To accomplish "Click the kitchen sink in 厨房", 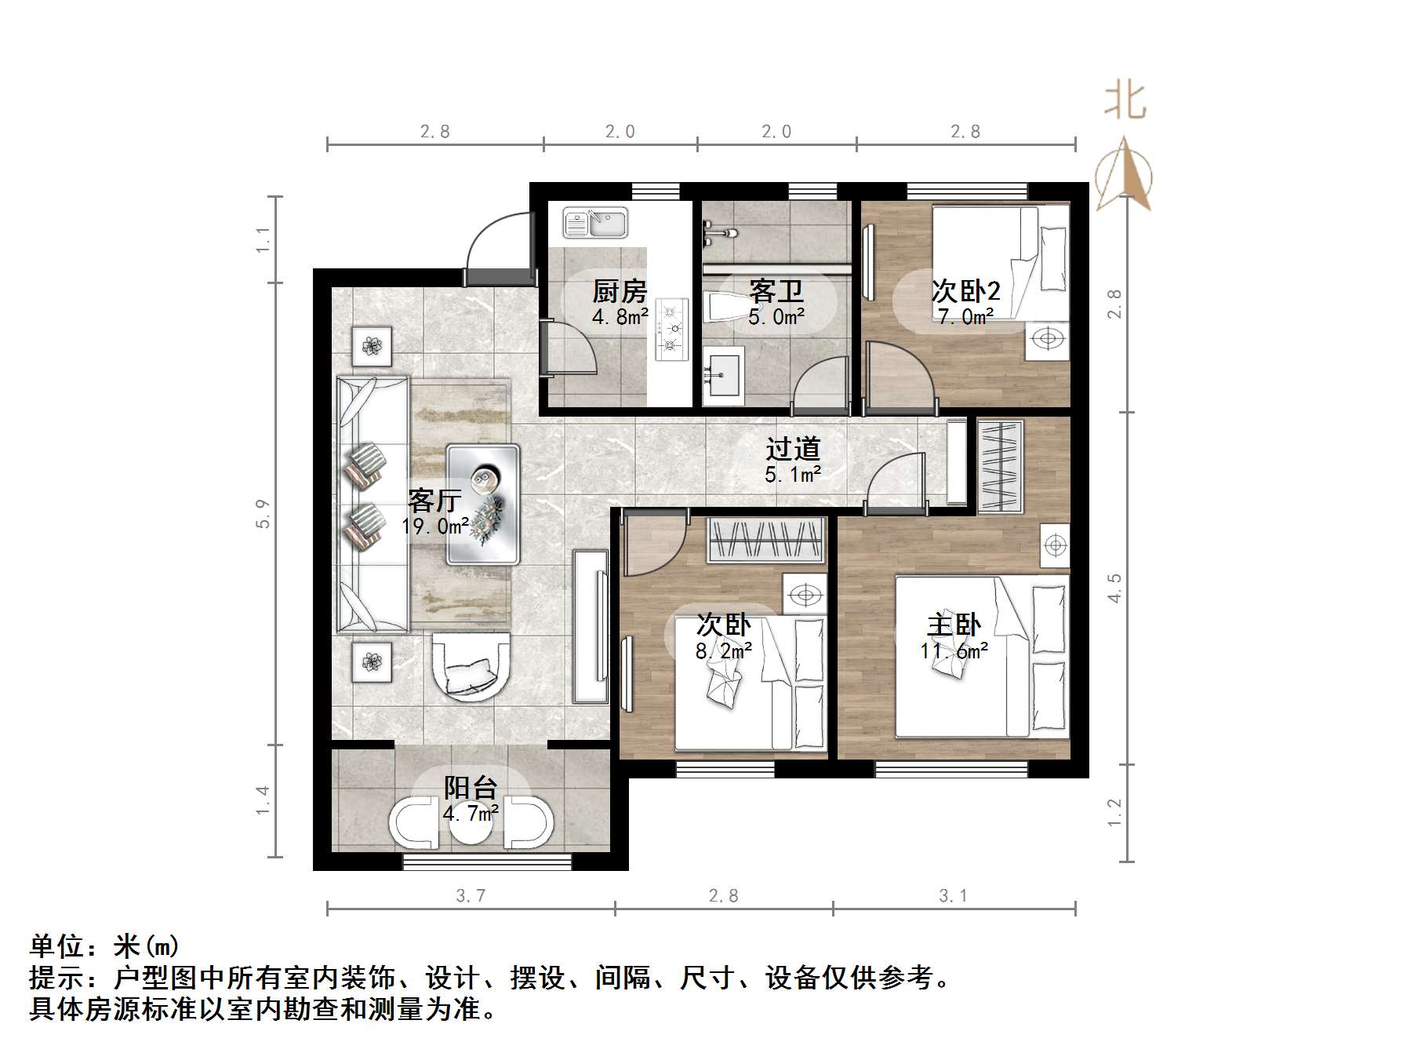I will point(596,223).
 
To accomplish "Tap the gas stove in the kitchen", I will point(671,330).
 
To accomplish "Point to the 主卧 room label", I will point(954,625).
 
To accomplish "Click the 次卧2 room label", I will point(965,291).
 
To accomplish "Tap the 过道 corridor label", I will point(793,449).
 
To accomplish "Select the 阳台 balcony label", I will point(471,788).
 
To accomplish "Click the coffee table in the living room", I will point(483,504).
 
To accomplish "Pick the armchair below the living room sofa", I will point(471,666).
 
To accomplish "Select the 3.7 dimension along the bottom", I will point(471,895).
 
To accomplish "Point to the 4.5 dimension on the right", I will point(1114,588).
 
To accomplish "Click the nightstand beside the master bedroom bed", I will point(1056,545).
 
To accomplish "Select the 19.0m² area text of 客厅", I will point(435,526).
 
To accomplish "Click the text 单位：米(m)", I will point(104,946).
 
